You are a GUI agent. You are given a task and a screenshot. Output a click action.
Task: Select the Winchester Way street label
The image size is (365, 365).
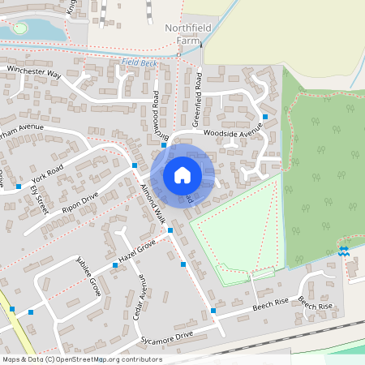(34, 73)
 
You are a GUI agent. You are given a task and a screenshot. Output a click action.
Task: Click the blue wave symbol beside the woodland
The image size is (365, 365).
(343, 251)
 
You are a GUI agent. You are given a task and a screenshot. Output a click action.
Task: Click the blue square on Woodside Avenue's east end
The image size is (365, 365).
(265, 118)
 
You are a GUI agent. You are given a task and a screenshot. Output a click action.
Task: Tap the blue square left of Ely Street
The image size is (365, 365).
(18, 187)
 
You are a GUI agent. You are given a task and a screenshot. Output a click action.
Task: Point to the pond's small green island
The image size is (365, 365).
(19, 28)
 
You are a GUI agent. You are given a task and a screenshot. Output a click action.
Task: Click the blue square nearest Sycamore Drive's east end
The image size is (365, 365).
(213, 311)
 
